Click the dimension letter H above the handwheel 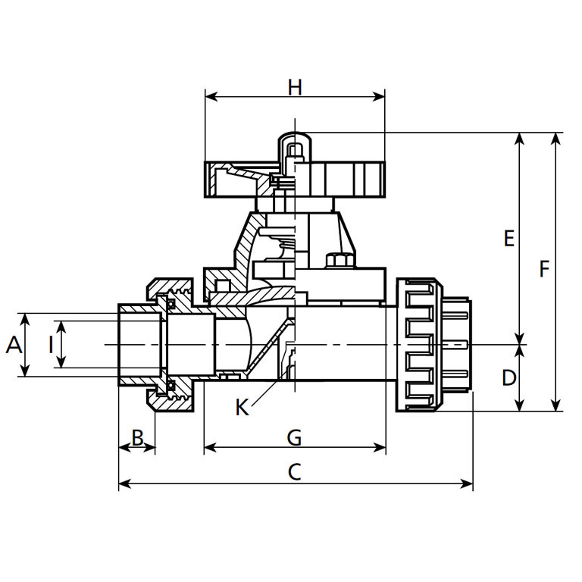295,87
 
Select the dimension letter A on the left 13,346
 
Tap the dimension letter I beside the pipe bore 51,346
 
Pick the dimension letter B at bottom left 137,437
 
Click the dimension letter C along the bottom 295,472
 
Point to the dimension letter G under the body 295,437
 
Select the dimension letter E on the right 508,239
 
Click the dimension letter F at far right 544,269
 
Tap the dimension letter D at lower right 508,377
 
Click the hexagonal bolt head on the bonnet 336,260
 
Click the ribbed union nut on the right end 418,345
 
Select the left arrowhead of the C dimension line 124,483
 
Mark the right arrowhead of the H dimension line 380,96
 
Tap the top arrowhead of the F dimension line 557,138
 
